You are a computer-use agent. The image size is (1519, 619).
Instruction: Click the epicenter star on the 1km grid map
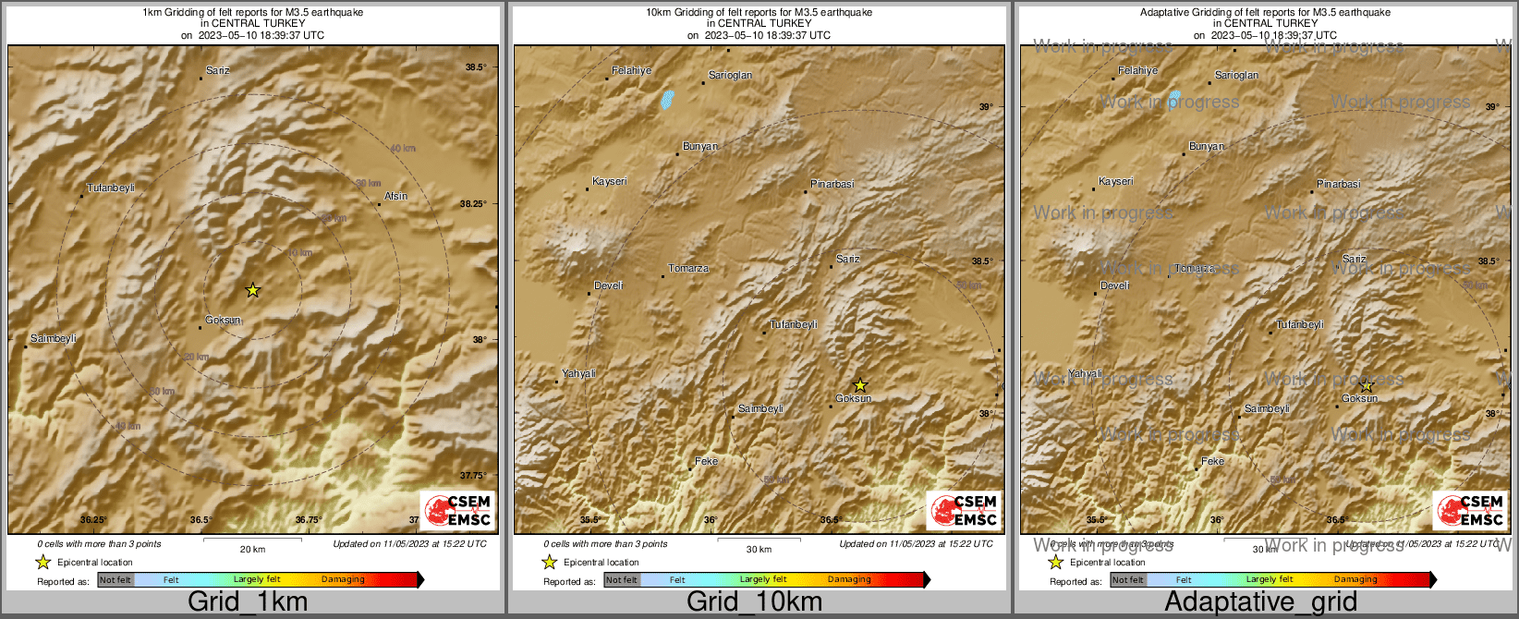[x=252, y=290]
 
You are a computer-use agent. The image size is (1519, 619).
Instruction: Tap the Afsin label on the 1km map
[x=395, y=196]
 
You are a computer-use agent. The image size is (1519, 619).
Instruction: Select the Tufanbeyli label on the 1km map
[x=111, y=188]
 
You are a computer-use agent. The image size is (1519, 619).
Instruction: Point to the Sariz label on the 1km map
[x=218, y=70]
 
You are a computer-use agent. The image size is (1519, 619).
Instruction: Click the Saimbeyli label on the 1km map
[x=54, y=338]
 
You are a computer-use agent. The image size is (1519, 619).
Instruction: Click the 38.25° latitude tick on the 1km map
[x=473, y=203]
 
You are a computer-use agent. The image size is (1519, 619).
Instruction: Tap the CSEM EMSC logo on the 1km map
[x=457, y=510]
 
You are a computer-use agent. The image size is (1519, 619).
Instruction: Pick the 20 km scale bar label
[x=252, y=549]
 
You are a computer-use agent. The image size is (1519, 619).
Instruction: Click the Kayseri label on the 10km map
[x=610, y=181]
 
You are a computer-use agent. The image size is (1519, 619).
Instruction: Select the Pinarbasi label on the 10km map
[x=832, y=184]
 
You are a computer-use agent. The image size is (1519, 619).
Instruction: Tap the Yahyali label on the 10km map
[x=579, y=373]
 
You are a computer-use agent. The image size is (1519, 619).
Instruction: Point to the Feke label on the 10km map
[x=706, y=461]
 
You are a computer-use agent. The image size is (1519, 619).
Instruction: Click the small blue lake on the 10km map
[x=666, y=99]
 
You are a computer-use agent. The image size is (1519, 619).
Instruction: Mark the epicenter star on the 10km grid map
[x=859, y=384]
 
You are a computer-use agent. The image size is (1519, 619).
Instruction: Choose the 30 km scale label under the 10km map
[x=759, y=549]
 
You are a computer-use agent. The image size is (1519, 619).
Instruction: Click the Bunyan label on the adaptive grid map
[x=1207, y=146]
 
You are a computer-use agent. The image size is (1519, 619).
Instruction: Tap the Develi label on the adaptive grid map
[x=1115, y=285]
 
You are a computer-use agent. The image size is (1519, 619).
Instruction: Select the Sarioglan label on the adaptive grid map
[x=1236, y=75]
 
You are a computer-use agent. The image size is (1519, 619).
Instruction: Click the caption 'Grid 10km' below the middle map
[x=754, y=601]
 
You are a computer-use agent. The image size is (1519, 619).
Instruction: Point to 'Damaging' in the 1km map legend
[x=343, y=579]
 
